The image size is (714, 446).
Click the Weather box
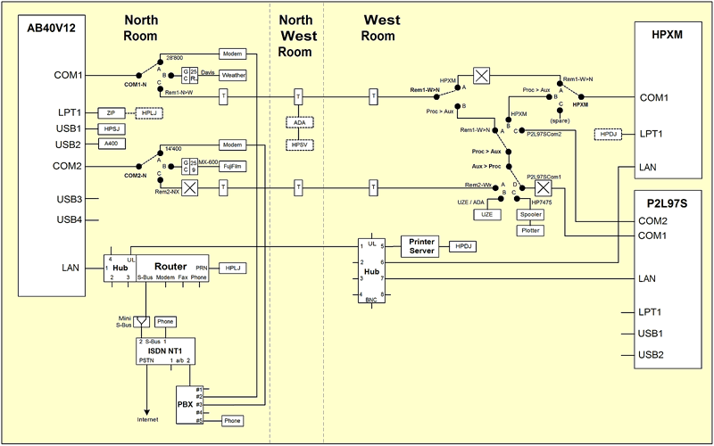tap(233, 75)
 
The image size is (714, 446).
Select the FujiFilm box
tap(233, 165)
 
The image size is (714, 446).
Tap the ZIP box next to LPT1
tap(112, 113)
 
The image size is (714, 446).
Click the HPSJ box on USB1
tap(112, 129)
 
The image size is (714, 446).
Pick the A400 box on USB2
tap(112, 144)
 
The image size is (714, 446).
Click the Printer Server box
tap(421, 245)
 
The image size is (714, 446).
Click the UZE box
tap(486, 215)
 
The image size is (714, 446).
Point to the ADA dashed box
tap(298, 122)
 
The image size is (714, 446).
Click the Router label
tap(170, 266)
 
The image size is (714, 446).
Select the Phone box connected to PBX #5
tap(232, 420)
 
